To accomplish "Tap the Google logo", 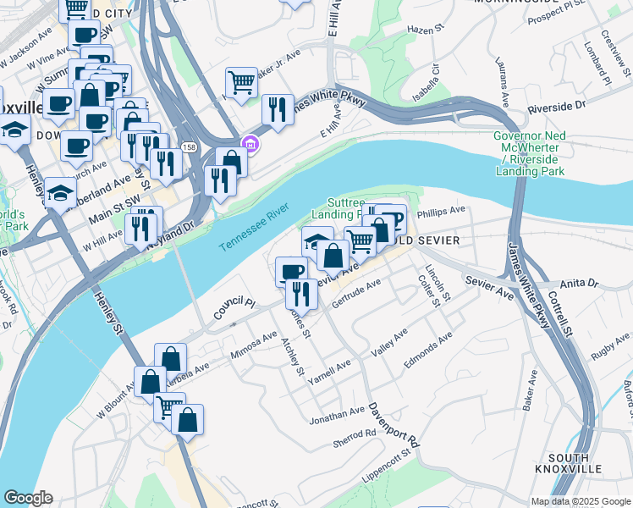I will click(x=28, y=498).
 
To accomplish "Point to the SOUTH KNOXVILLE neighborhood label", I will click(x=568, y=462).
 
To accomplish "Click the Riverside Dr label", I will click(x=557, y=108).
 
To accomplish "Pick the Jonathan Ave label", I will click(x=337, y=415).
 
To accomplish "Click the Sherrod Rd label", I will click(x=354, y=433).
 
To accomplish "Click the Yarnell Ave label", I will click(x=329, y=373).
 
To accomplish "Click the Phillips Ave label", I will click(x=442, y=210).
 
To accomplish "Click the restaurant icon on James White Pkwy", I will click(x=277, y=108).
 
